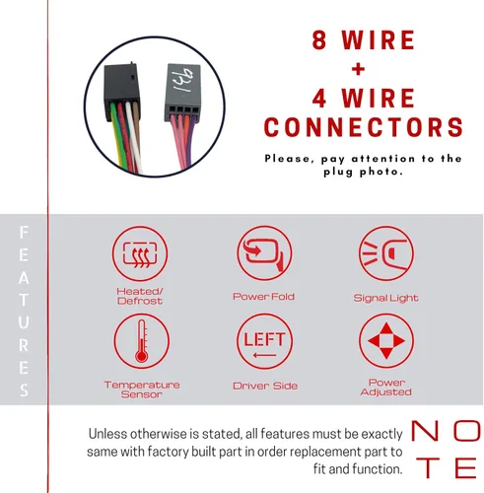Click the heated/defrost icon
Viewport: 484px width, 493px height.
point(140,253)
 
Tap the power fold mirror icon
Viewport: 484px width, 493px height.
point(264,253)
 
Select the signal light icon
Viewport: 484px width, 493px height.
point(386,253)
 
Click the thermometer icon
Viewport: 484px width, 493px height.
point(142,341)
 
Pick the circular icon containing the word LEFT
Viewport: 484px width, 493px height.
point(264,341)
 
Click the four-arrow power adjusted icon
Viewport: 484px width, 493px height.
point(386,341)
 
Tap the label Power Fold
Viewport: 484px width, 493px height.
point(263,297)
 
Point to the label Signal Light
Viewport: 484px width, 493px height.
point(385,298)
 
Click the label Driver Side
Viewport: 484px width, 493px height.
point(265,386)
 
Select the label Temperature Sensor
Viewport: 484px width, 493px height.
point(142,389)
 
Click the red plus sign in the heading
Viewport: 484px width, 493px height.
point(358,69)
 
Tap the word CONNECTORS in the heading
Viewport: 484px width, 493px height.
point(364,127)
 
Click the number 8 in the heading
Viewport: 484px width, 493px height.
point(319,39)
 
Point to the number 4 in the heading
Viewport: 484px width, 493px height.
point(319,99)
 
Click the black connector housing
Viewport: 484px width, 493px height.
point(122,91)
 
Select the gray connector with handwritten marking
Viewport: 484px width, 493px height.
point(182,93)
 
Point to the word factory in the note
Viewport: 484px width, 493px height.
point(168,452)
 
